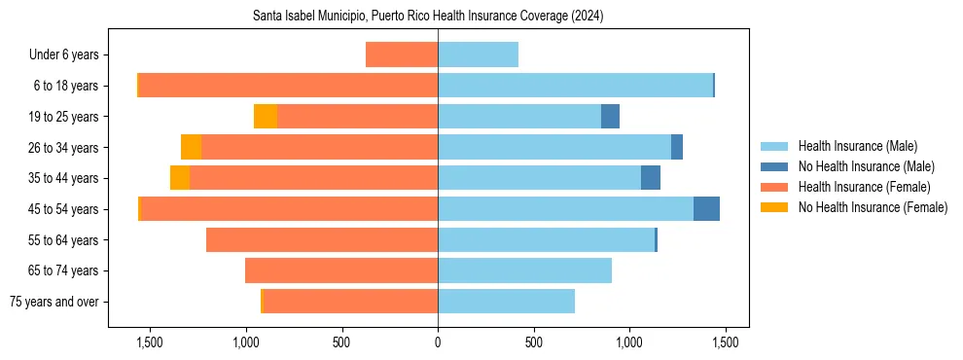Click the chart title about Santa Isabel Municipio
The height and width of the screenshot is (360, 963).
(x=428, y=17)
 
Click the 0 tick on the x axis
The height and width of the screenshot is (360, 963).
(x=438, y=342)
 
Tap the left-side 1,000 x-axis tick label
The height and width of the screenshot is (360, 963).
(x=245, y=342)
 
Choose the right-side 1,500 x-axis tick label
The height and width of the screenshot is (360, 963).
(x=725, y=342)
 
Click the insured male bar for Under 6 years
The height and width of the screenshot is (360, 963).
(x=478, y=54)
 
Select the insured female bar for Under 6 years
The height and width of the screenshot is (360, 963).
(x=402, y=54)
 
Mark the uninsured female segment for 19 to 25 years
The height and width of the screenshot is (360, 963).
(x=266, y=117)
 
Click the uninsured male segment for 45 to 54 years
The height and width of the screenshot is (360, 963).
(x=706, y=209)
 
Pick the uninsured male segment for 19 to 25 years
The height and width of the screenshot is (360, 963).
(x=610, y=117)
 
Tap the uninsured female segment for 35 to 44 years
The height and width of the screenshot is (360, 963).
(x=180, y=178)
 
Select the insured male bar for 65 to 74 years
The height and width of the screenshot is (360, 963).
(x=524, y=270)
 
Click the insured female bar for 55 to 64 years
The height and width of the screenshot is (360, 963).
(x=322, y=239)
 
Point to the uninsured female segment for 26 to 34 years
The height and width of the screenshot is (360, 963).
(x=191, y=147)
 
